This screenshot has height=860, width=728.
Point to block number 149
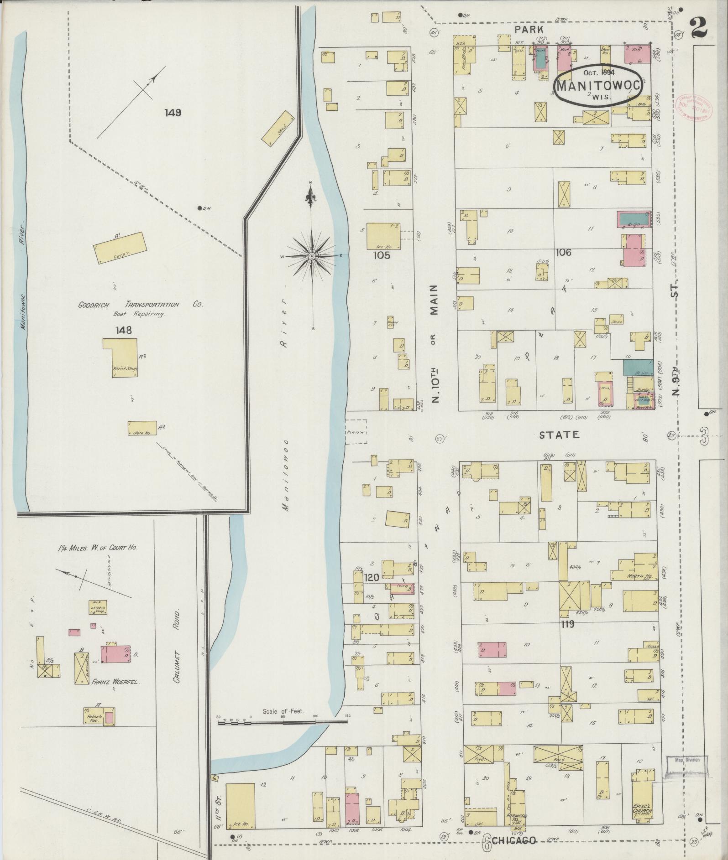pos(173,112)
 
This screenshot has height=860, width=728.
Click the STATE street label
pos(559,435)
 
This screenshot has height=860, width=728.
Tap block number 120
pos(372,578)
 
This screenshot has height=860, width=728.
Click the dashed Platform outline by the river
pos(356,431)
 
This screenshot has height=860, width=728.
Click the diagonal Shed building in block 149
pos(277,128)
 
